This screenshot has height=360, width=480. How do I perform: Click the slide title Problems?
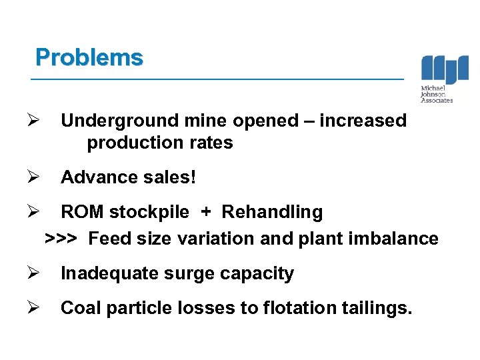coord(89,57)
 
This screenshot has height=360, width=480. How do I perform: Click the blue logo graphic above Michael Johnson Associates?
coord(445,69)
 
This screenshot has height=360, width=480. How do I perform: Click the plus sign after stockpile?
coord(206,212)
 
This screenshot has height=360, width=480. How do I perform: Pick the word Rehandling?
coord(272,212)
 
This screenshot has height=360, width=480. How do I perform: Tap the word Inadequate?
coord(110,273)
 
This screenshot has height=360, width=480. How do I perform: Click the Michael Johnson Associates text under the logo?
coord(437,95)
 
